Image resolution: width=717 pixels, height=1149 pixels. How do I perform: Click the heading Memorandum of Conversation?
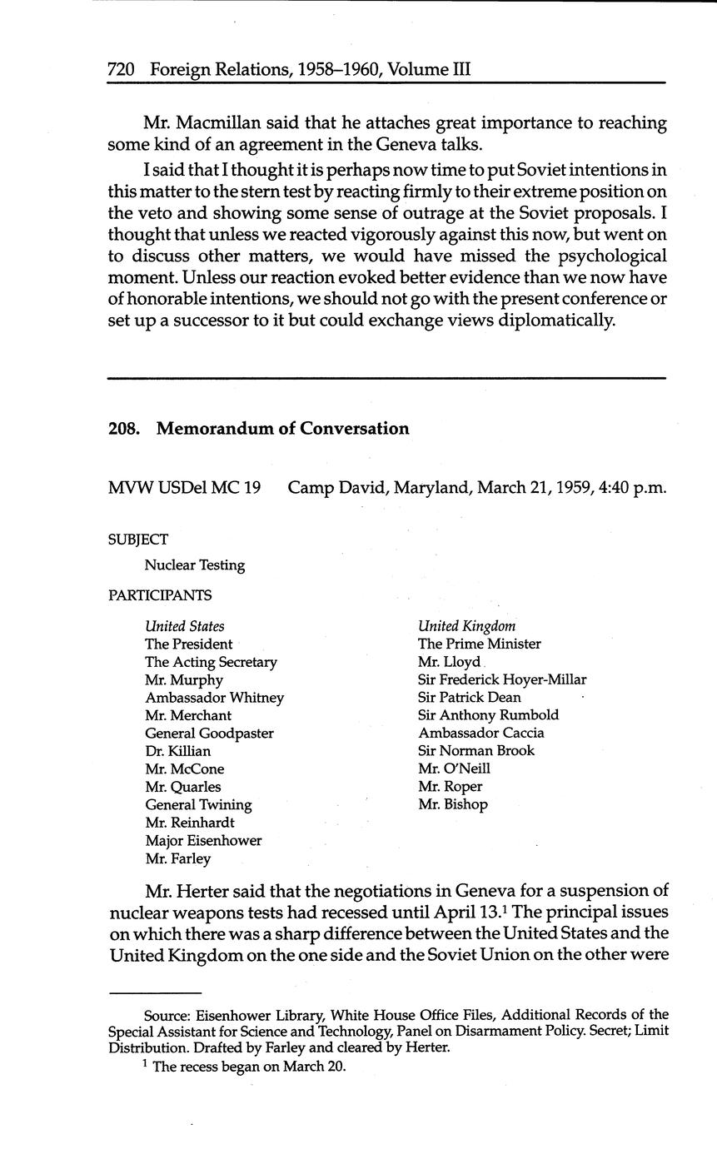click(x=282, y=429)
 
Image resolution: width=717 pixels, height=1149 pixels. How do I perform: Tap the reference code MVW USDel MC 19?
click(x=184, y=487)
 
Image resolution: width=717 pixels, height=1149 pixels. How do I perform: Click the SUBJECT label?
click(x=137, y=540)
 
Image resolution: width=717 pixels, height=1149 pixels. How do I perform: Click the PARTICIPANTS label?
click(x=160, y=595)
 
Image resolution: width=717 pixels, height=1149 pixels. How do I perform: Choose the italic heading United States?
click(x=184, y=626)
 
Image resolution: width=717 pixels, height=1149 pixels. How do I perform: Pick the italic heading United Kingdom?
click(x=466, y=626)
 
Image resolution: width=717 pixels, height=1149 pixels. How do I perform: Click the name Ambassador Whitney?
click(x=214, y=698)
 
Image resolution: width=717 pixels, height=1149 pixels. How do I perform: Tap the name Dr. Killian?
click(x=177, y=751)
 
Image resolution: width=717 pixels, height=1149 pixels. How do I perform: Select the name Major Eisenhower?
click(x=203, y=841)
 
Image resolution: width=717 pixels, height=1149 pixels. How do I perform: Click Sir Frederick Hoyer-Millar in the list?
click(x=502, y=679)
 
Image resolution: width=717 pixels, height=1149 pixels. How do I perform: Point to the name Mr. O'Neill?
click(x=454, y=768)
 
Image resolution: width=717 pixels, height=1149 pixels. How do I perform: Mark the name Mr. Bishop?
click(x=453, y=804)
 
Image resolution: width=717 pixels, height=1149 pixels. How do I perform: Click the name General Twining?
click(x=198, y=805)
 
